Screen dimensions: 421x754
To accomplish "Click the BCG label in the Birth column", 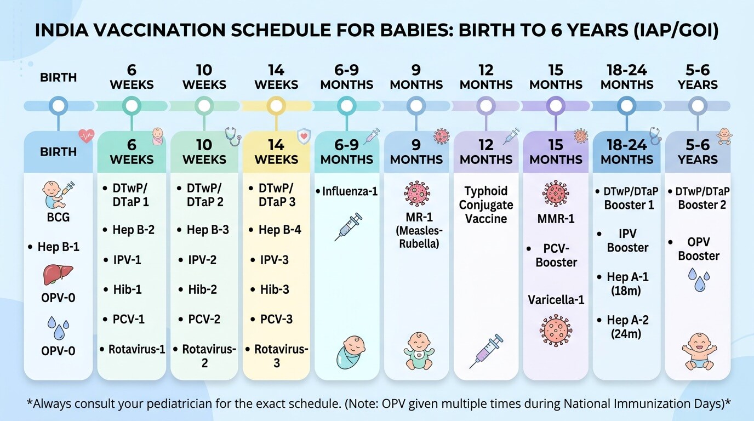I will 58,217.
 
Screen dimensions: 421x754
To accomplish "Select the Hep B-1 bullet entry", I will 58,247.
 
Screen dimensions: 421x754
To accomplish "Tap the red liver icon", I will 58,274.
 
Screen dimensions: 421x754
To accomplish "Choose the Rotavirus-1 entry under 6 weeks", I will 136,349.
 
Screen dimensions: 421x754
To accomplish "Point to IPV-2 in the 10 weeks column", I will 203,260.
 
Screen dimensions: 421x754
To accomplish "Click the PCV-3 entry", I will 276,319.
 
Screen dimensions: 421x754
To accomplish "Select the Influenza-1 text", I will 349,192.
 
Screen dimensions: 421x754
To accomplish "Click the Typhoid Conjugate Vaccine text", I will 486,205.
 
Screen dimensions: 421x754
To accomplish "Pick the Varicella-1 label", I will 556,300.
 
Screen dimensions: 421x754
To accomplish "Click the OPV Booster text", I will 699,249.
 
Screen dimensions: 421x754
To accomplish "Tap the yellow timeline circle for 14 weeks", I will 276,106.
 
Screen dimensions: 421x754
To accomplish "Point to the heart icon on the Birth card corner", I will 86,135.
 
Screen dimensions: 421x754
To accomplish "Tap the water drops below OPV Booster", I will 698,280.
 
